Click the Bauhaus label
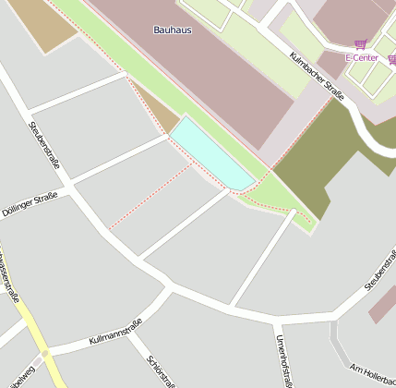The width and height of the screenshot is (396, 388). point(173,30)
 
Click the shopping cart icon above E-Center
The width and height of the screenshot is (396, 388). point(359,44)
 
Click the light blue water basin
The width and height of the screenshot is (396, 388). point(210,153)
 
